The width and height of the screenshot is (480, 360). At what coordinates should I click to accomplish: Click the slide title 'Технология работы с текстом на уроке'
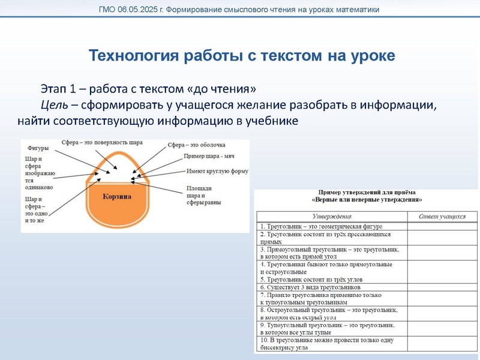pyautogui.click(x=241, y=56)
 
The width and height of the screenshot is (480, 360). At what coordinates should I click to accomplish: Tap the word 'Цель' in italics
pyautogui.click(x=52, y=106)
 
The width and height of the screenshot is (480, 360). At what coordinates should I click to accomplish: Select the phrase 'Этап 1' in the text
pyautogui.click(x=58, y=89)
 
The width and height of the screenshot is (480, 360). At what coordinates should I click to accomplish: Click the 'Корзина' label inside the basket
pyautogui.click(x=117, y=196)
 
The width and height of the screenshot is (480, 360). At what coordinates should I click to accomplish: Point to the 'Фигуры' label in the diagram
pyautogui.click(x=38, y=148)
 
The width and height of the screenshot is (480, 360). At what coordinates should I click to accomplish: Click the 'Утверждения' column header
pyautogui.click(x=332, y=215)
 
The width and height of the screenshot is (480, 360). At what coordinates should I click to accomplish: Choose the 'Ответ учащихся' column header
pyautogui.click(x=442, y=215)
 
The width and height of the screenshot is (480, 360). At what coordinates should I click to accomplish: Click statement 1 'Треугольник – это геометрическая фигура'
pyautogui.click(x=319, y=226)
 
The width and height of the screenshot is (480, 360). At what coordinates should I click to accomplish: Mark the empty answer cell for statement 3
pyautogui.click(x=442, y=252)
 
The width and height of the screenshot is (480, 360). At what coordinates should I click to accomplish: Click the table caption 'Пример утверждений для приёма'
pyautogui.click(x=365, y=192)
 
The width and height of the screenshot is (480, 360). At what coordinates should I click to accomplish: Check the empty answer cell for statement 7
pyautogui.click(x=442, y=298)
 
